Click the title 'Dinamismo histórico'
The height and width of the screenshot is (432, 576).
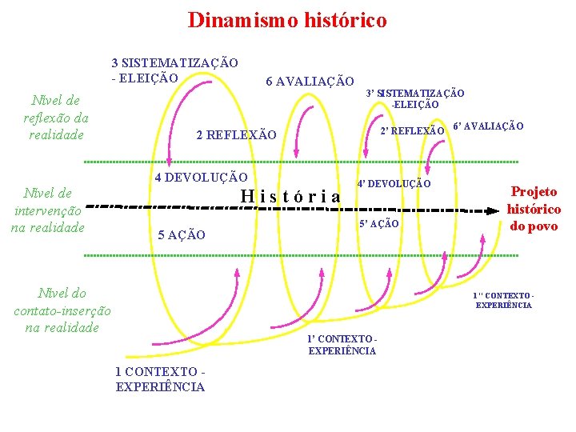tap(287, 20)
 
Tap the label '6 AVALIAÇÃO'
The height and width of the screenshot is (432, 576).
tap(310, 81)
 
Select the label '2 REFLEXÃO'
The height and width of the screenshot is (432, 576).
tap(236, 135)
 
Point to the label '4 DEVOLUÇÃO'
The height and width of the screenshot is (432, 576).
tap(201, 177)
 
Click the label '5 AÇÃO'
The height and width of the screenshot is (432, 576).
tap(182, 234)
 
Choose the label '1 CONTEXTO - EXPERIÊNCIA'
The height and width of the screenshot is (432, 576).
tap(160, 379)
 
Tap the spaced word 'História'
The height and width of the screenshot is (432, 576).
tap(290, 196)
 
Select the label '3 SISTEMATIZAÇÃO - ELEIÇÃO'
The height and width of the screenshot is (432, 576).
tap(174, 70)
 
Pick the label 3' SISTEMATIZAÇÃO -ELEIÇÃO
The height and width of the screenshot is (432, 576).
tap(414, 98)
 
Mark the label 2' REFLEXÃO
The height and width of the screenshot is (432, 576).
tap(412, 130)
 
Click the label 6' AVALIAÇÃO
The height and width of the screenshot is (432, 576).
tap(488, 126)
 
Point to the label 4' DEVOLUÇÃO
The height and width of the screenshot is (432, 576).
tap(394, 184)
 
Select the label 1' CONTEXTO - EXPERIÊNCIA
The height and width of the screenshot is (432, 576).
tap(342, 345)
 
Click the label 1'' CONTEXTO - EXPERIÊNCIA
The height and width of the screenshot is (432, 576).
tap(503, 300)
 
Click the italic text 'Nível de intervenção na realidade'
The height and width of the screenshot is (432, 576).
tap(48, 210)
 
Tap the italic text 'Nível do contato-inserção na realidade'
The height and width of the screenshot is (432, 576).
tap(62, 310)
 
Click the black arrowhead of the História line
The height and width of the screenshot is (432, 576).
tap(489, 211)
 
